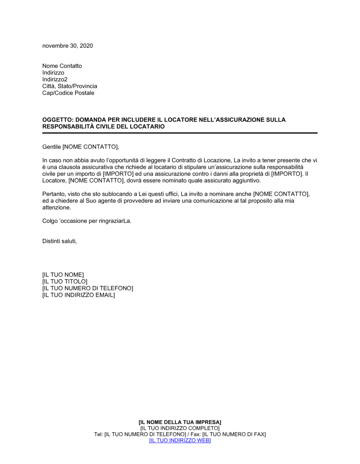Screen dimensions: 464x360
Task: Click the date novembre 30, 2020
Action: pyautogui.click(x=67, y=46)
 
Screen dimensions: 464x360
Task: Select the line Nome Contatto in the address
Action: pyautogui.click(x=62, y=66)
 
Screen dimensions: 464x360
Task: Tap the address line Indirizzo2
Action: pyautogui.click(x=55, y=79)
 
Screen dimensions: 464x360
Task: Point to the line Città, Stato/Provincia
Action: pyautogui.click(x=69, y=86)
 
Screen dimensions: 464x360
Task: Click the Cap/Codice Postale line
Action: pyautogui.click(x=68, y=93)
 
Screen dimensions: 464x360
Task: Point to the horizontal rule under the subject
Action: pyautogui.click(x=180, y=133)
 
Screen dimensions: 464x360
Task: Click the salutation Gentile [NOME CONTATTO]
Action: pyautogui.click(x=80, y=147)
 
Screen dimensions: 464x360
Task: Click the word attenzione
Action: pyautogui.click(x=57, y=208)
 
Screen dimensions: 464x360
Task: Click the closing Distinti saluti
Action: pyautogui.click(x=59, y=241)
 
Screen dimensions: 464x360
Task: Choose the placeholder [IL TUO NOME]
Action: pyautogui.click(x=63, y=275)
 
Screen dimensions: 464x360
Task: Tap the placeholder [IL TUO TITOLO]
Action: pyautogui.click(x=65, y=282)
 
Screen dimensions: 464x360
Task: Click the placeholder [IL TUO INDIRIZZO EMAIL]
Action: pyautogui.click(x=78, y=295)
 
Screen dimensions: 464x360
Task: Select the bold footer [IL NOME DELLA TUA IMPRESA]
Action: pyautogui.click(x=180, y=422)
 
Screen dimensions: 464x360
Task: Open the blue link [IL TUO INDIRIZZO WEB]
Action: pyautogui.click(x=180, y=440)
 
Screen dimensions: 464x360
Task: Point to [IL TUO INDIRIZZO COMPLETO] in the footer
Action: pyautogui.click(x=180, y=428)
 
